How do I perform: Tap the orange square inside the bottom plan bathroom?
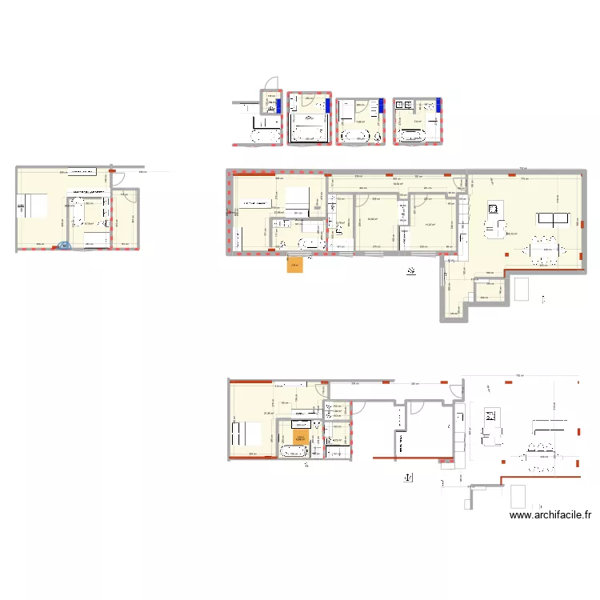point(301,438)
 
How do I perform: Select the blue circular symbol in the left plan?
point(64,246)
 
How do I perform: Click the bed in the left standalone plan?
point(34,206)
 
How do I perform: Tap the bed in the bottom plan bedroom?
point(244,434)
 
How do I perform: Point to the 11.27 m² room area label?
point(430,225)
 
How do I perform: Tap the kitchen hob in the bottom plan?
point(491,416)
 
